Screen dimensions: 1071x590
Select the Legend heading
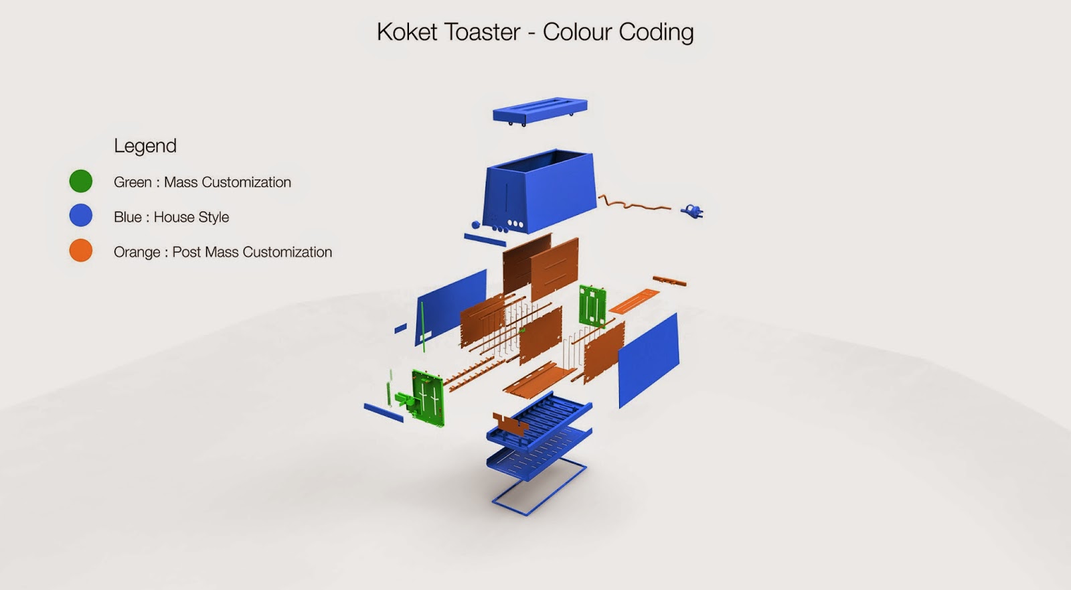click(x=145, y=146)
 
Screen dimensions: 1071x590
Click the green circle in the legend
click(x=81, y=181)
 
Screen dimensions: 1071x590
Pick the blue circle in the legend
click(x=81, y=216)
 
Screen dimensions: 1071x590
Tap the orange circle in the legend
click(x=81, y=250)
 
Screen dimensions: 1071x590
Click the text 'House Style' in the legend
click(x=191, y=217)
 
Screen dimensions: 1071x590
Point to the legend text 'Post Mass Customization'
click(x=252, y=252)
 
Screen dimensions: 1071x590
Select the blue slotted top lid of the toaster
click(x=540, y=110)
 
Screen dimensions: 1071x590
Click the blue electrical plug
click(x=691, y=212)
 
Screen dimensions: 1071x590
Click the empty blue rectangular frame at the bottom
click(x=540, y=488)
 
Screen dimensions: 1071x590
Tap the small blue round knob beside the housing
click(x=476, y=225)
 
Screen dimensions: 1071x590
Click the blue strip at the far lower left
click(x=384, y=413)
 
